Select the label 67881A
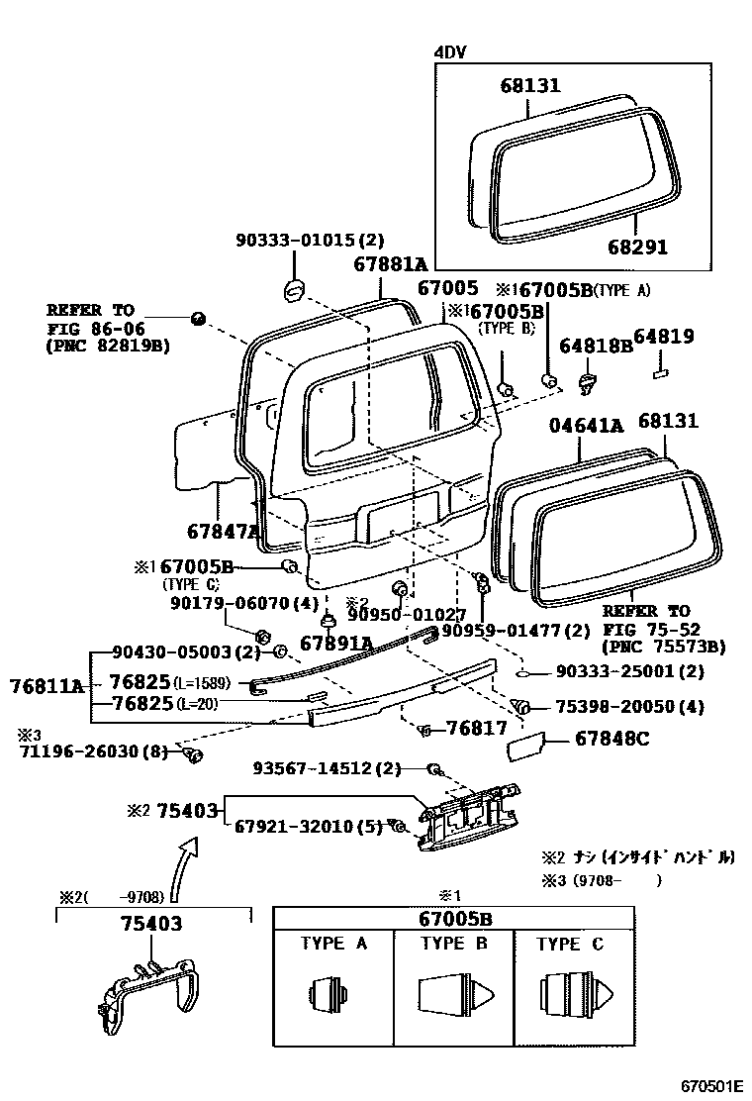pyautogui.click(x=390, y=264)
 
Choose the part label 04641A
pyautogui.click(x=587, y=426)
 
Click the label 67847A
pyautogui.click(x=223, y=531)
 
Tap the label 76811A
pyautogui.click(x=47, y=684)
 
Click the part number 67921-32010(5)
pyautogui.click(x=308, y=826)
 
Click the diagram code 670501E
pyautogui.click(x=709, y=1086)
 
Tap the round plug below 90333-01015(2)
pyautogui.click(x=294, y=289)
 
